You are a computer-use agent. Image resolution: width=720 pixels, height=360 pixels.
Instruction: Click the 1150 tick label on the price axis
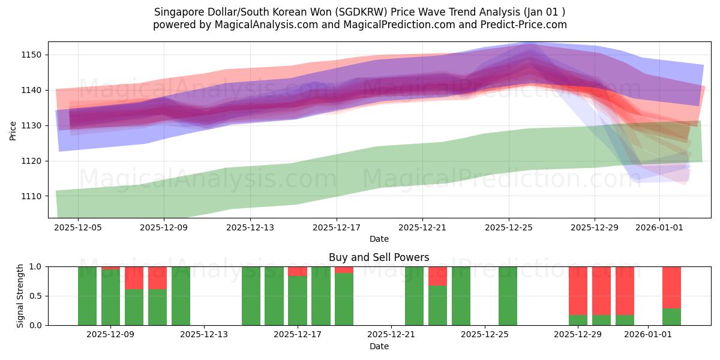click(x=33, y=55)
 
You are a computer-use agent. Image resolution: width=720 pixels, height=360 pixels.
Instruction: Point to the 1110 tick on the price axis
click(x=33, y=196)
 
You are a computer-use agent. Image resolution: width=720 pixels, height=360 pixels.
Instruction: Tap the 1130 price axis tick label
click(x=33, y=125)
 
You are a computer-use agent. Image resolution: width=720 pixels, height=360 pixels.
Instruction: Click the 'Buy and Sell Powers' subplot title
click(x=379, y=257)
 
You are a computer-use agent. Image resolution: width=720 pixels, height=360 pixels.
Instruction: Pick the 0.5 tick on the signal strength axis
click(x=36, y=296)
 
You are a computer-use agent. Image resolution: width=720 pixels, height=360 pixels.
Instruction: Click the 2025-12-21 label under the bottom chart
click(x=391, y=335)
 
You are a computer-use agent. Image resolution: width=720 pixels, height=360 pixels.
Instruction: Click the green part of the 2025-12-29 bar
click(x=578, y=320)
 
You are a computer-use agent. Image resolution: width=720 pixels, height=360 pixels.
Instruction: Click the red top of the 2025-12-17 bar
click(x=298, y=271)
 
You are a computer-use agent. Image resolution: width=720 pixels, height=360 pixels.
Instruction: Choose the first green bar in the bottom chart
click(x=87, y=296)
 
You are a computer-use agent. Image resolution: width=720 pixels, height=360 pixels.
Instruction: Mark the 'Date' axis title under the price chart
click(x=379, y=239)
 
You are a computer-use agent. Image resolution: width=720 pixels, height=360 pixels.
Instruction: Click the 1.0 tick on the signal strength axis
click(x=36, y=266)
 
